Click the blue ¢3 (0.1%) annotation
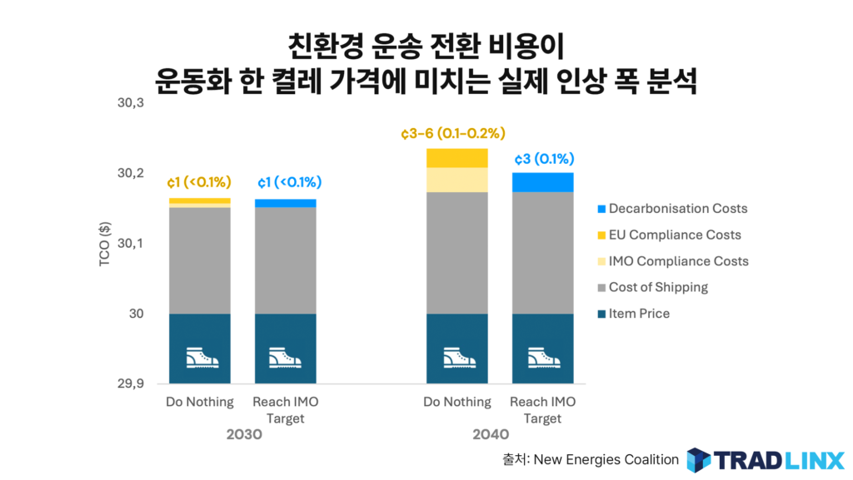[543, 159]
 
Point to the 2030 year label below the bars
[243, 435]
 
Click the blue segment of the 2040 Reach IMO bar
[543, 182]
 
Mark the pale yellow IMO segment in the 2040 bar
[456, 180]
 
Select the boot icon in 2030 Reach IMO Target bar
[285, 358]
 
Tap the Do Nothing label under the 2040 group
[457, 403]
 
